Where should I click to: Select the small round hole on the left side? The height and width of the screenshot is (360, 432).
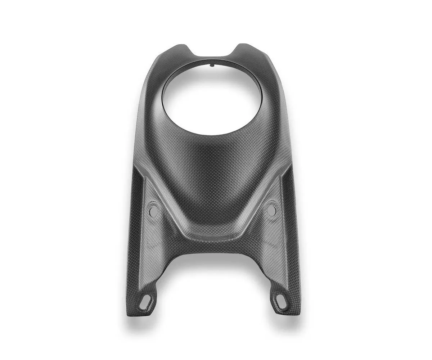(x=154, y=211)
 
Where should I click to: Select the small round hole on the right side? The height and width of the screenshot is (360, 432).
(x=271, y=210)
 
